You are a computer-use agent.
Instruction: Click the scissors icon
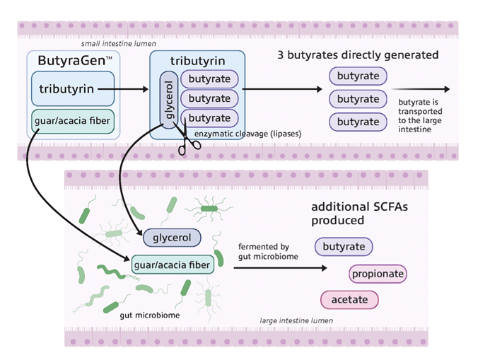tap(189, 142)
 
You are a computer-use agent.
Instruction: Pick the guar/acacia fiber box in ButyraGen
tap(73, 121)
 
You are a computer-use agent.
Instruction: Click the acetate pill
tap(349, 299)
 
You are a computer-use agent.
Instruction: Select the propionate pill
tap(378, 273)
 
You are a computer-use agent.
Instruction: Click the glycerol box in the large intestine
tap(172, 238)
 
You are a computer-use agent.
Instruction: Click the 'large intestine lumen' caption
tap(296, 321)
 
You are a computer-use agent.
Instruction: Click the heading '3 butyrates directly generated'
tap(358, 55)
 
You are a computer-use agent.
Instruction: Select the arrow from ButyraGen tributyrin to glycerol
tap(127, 89)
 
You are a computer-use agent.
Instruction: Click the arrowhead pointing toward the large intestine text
tap(445, 89)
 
